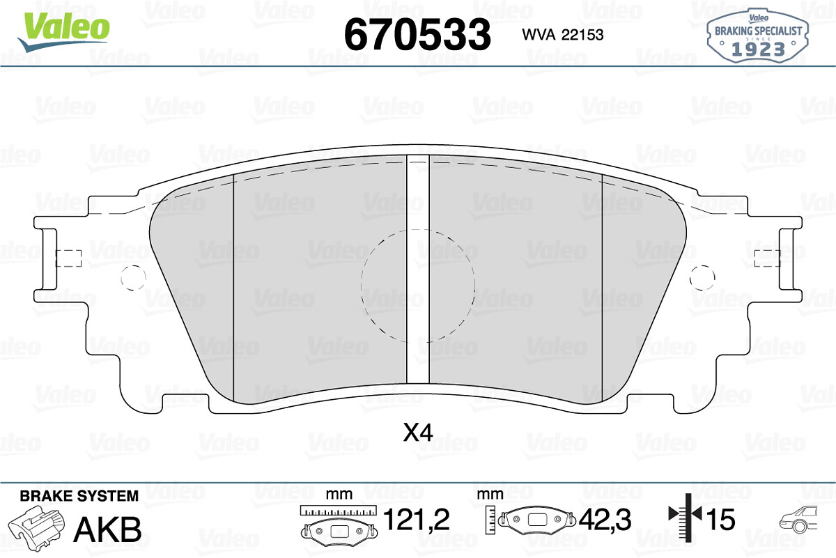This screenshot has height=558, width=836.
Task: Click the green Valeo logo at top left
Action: (64, 31)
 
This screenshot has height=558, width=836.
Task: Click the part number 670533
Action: (417, 34)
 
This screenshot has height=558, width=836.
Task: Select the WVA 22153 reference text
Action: (563, 35)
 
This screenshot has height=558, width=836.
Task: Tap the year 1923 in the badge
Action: (758, 49)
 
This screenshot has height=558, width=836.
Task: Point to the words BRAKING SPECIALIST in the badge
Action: (759, 31)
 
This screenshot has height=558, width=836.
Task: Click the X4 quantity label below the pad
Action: (418, 433)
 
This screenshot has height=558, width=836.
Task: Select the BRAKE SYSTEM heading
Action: (79, 496)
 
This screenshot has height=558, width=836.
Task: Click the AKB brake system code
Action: (108, 529)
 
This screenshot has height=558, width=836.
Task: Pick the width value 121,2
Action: (417, 520)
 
